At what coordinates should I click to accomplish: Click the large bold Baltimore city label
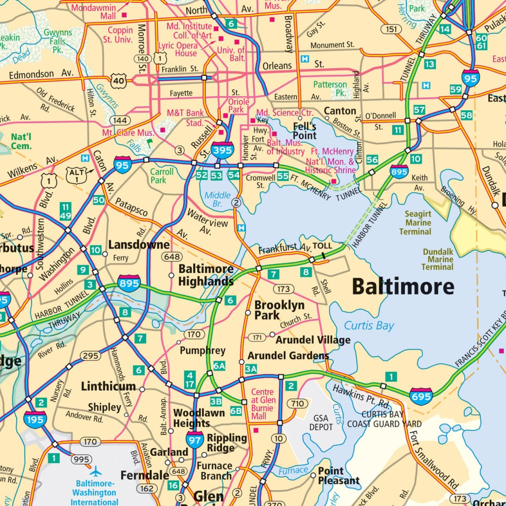403,287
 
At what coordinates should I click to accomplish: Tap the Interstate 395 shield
223,150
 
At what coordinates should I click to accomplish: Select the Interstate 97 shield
195,440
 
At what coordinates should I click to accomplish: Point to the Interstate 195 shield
35,419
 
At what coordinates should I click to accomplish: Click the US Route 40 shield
118,80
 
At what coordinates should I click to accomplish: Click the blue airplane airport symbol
96,472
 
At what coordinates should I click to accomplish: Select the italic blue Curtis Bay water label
369,325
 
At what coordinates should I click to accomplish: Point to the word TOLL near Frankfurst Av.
322,246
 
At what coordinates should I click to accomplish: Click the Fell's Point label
305,131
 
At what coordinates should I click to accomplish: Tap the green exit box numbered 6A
219,366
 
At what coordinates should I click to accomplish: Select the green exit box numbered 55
283,176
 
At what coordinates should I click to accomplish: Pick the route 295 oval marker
90,356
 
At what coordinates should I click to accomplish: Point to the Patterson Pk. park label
330,89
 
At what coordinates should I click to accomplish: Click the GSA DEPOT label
321,423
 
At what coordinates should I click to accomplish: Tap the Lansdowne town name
139,245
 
